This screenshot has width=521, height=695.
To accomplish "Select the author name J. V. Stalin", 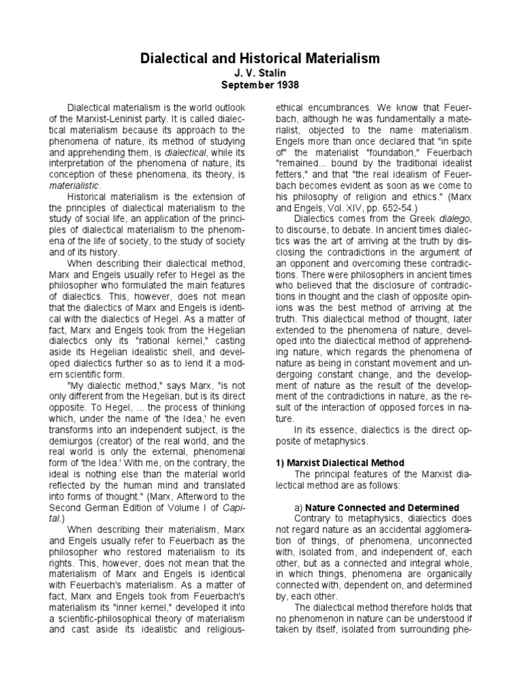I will (x=260, y=74).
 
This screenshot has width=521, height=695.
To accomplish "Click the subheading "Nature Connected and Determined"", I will (x=382, y=508).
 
